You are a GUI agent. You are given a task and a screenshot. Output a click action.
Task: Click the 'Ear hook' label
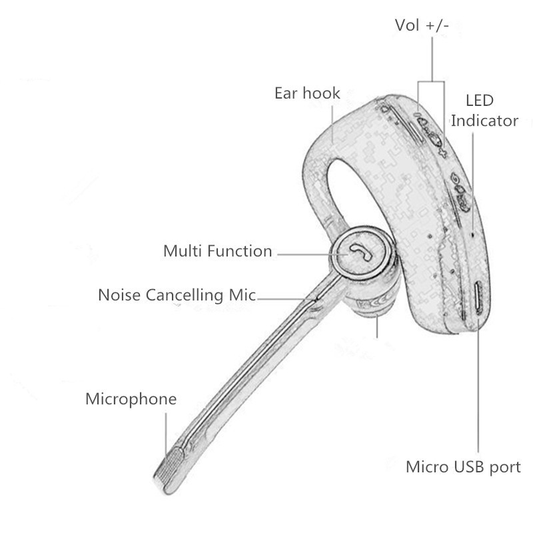click(x=307, y=93)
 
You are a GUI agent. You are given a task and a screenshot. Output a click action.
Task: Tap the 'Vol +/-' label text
click(x=422, y=25)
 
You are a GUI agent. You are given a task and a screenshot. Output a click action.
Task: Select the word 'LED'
click(x=480, y=101)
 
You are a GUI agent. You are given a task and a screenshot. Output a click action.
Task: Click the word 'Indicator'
click(x=484, y=121)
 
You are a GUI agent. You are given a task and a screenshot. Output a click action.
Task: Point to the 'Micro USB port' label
click(x=463, y=467)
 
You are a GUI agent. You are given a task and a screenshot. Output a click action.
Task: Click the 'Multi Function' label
click(x=218, y=251)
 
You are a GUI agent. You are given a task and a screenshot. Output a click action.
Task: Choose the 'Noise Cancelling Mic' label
click(x=177, y=294)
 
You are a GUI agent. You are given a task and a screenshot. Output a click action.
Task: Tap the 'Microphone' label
click(x=131, y=398)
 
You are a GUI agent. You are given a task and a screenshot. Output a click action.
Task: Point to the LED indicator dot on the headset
click(x=472, y=235)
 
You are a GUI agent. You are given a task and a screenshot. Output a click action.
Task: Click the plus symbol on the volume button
click(x=442, y=152)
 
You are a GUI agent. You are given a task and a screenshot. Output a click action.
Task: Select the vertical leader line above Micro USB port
click(x=478, y=386)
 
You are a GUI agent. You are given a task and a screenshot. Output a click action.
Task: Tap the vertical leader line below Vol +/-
click(x=432, y=59)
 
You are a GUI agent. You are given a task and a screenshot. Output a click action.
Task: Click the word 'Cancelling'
click(x=185, y=295)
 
